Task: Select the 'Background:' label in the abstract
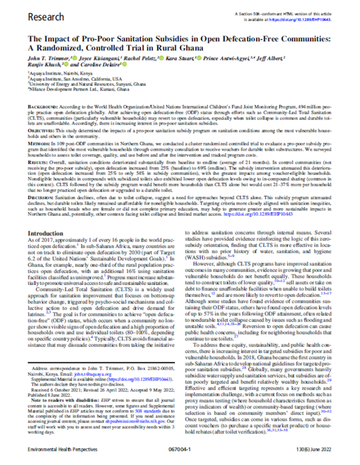(43, 108)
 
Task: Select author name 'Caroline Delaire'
(91, 65)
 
